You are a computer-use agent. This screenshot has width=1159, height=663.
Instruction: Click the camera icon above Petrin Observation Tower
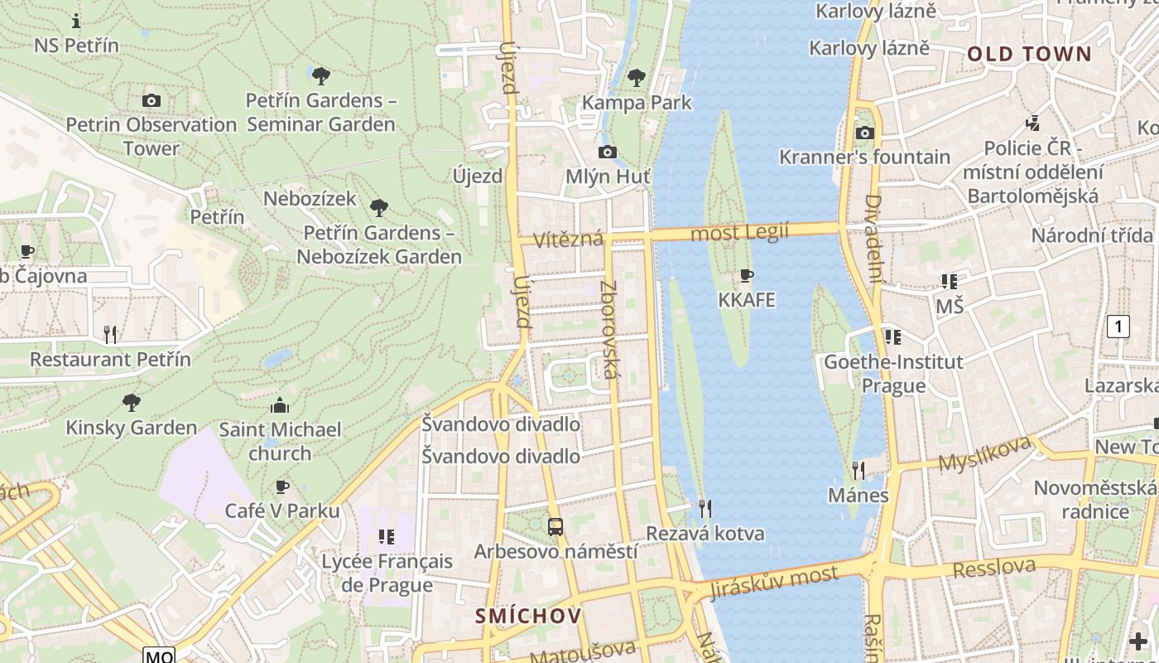click(x=151, y=100)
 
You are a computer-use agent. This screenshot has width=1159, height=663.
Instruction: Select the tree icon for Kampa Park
click(x=636, y=78)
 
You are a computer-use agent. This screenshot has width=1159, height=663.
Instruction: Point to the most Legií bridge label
click(x=739, y=233)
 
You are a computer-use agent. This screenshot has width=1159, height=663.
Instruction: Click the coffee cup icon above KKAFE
click(x=747, y=275)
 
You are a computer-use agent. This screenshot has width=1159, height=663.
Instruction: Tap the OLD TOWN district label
click(x=1029, y=55)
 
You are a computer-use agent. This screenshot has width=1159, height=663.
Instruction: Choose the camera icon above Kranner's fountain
click(x=864, y=133)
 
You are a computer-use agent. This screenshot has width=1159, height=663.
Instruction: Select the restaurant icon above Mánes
click(x=858, y=471)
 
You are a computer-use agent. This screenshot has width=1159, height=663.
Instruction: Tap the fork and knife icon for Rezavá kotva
click(x=705, y=508)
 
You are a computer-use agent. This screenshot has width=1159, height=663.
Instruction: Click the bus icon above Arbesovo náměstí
click(x=555, y=526)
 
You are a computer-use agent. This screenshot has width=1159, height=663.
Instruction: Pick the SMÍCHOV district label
click(x=528, y=616)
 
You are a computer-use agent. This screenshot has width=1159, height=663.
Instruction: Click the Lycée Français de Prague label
click(x=387, y=573)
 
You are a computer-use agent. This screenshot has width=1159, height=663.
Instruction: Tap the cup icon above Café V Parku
click(x=282, y=486)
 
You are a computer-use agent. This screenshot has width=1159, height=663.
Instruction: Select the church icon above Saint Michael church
click(x=280, y=405)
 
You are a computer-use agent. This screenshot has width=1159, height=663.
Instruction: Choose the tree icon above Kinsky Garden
click(x=131, y=403)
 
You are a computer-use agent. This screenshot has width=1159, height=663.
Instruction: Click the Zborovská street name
click(x=609, y=330)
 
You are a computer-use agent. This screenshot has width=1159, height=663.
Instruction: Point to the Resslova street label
click(x=993, y=569)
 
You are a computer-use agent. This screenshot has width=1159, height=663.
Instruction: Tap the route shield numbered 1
click(x=1118, y=327)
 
